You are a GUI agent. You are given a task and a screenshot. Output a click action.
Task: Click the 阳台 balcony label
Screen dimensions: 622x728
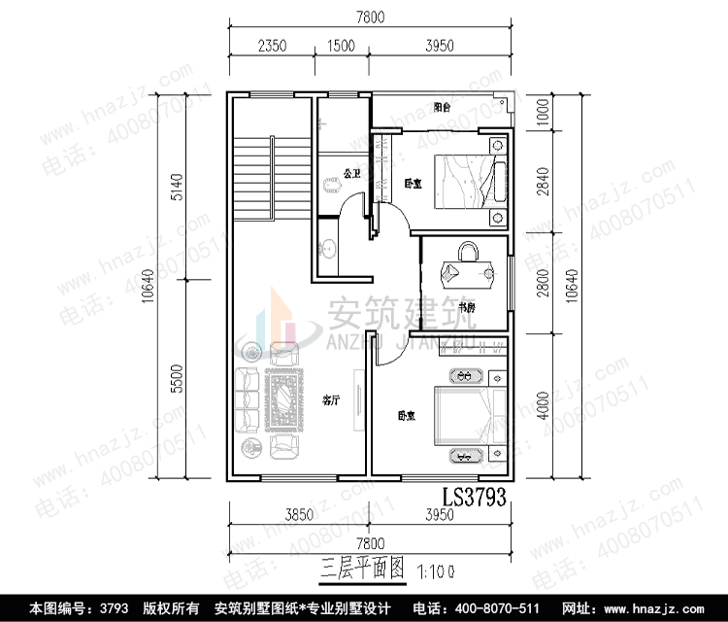[x=442, y=108]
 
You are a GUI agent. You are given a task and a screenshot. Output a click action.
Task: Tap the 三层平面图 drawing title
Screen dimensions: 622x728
[x=360, y=570]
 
